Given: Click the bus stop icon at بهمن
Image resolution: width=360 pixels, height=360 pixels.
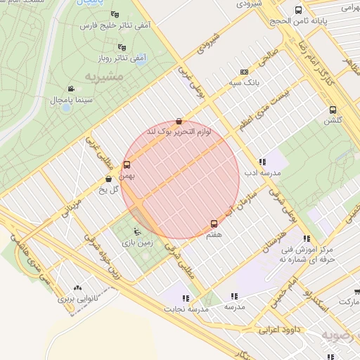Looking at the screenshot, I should point(127,165).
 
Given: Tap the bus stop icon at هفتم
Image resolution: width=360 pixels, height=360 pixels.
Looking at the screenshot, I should point(214,224).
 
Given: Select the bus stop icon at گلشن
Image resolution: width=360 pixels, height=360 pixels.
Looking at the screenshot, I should point(333,110).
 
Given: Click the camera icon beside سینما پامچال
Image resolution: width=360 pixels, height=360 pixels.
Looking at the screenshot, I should point(71,89).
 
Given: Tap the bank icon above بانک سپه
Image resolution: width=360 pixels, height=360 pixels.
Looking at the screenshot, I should point(244,72).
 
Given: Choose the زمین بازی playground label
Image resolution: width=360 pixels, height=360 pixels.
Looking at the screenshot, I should point(137,242).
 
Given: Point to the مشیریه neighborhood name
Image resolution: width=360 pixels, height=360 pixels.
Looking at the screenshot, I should point(104,75).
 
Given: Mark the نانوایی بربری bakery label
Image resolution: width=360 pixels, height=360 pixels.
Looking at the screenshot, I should point(77,298).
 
